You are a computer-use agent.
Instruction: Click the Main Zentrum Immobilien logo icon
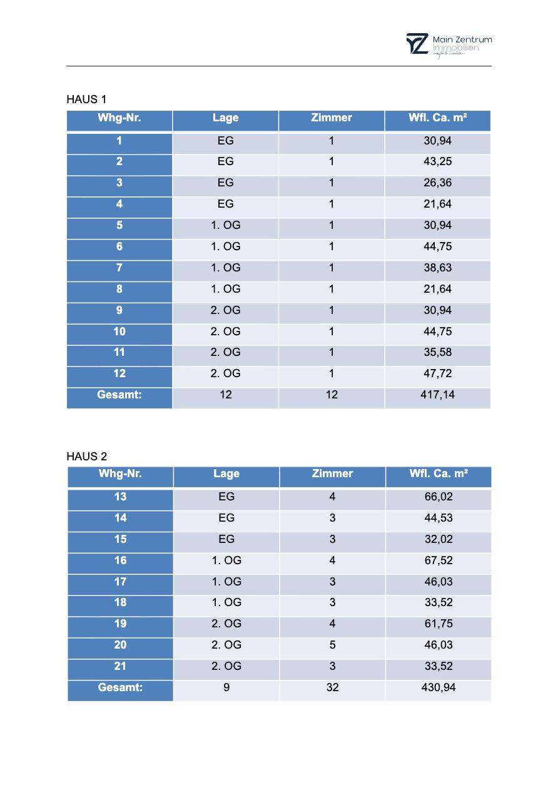coord(417,44)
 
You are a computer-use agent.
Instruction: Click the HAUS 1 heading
coord(86,99)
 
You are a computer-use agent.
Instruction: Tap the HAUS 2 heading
coord(86,457)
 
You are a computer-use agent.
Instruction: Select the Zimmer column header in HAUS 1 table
coord(332,118)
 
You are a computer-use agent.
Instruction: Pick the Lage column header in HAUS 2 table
coord(226,473)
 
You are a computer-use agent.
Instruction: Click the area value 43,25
coord(438,161)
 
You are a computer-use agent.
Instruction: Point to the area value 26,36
coord(438,183)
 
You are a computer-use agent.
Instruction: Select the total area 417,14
coord(438,395)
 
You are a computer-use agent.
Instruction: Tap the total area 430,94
coord(439,687)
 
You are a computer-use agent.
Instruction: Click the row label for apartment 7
coord(119,268)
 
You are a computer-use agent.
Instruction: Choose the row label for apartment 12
coord(119,373)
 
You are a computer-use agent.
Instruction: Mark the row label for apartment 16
coord(120,560)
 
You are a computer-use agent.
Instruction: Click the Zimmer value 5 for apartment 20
coord(332,645)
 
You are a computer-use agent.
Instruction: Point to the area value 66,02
coord(439,497)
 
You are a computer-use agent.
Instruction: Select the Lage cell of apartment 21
coord(226,666)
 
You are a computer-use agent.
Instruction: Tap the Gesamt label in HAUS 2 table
coord(120,687)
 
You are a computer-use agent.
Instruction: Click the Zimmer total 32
coord(332,687)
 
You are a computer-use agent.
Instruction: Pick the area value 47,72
coord(438,373)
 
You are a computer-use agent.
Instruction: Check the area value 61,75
coord(439,624)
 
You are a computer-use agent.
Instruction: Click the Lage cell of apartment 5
coord(226,225)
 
